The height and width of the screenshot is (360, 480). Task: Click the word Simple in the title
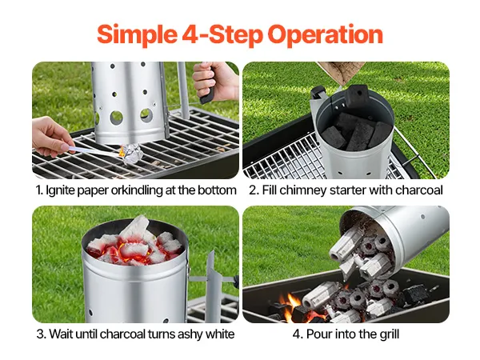(137, 35)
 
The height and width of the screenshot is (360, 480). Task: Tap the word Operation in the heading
(325, 35)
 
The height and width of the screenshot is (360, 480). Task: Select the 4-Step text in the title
(222, 34)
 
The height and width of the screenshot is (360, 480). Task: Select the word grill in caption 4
(390, 334)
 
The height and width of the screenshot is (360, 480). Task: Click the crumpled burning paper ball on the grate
(132, 153)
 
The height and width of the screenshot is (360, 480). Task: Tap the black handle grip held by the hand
(208, 92)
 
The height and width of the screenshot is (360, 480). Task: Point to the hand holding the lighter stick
(51, 136)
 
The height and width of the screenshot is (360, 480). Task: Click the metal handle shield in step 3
(214, 286)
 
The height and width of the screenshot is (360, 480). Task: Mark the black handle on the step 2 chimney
(316, 92)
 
